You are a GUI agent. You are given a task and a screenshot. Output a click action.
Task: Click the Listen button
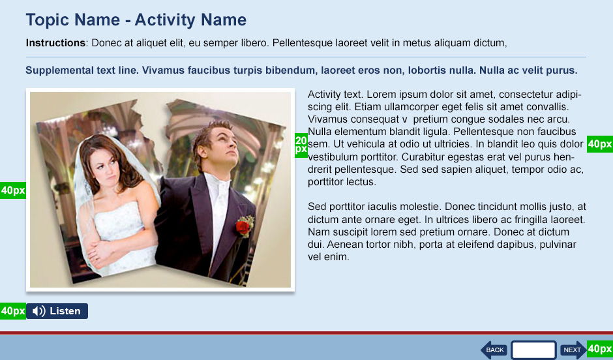(57, 311)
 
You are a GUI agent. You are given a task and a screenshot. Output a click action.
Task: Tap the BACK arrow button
(494, 350)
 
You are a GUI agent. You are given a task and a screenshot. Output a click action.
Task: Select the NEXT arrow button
(573, 350)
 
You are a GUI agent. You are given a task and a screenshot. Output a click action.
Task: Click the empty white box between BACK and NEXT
(533, 350)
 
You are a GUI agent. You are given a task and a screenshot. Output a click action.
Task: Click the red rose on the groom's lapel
(243, 227)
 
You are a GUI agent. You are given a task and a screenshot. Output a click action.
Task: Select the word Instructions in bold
(55, 43)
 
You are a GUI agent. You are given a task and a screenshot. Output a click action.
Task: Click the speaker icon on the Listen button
(39, 311)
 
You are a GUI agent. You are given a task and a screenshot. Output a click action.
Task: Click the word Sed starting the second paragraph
(316, 206)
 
